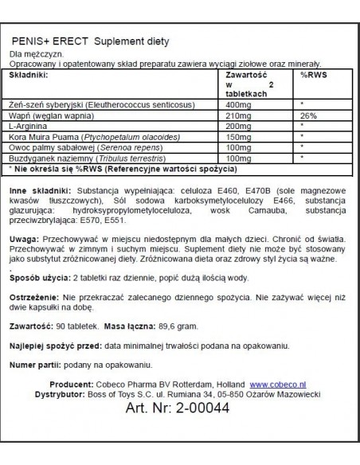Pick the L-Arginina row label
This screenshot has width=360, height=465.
click(x=26, y=126)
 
